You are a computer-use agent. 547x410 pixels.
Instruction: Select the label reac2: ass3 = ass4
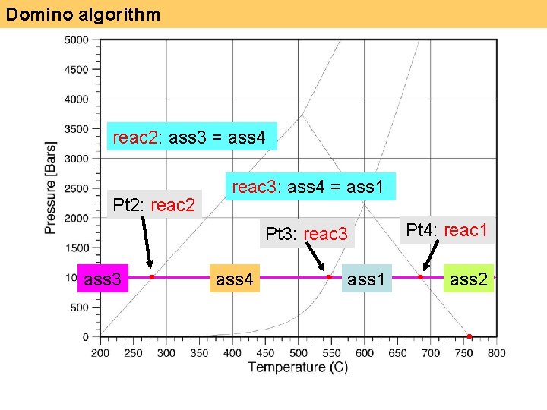(x=189, y=137)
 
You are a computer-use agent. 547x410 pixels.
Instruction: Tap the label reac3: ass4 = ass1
(x=308, y=186)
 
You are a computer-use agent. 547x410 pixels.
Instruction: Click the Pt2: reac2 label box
(x=154, y=204)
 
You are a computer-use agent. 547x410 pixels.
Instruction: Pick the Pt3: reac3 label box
(x=306, y=234)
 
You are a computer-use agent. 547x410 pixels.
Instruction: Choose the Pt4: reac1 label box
(x=447, y=229)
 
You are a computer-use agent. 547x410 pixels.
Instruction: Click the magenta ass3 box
(x=103, y=279)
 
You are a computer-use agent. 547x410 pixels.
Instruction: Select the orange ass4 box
(x=235, y=279)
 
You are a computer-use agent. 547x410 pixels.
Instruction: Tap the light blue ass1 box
(x=366, y=279)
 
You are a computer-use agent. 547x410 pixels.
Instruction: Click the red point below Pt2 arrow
(x=152, y=277)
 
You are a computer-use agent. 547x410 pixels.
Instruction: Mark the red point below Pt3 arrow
(x=329, y=277)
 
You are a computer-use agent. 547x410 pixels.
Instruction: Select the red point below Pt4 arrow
(x=420, y=277)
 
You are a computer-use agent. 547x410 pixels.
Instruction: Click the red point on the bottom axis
(x=469, y=336)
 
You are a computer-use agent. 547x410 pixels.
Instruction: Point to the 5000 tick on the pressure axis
(x=76, y=39)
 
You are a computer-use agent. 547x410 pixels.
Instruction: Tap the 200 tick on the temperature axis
(x=100, y=353)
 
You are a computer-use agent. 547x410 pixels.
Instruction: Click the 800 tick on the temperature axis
(x=496, y=353)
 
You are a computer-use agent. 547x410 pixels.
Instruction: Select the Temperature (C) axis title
(x=297, y=368)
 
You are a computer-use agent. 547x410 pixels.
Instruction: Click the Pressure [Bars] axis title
(x=50, y=187)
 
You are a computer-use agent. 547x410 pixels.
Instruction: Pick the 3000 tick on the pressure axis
(x=76, y=158)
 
